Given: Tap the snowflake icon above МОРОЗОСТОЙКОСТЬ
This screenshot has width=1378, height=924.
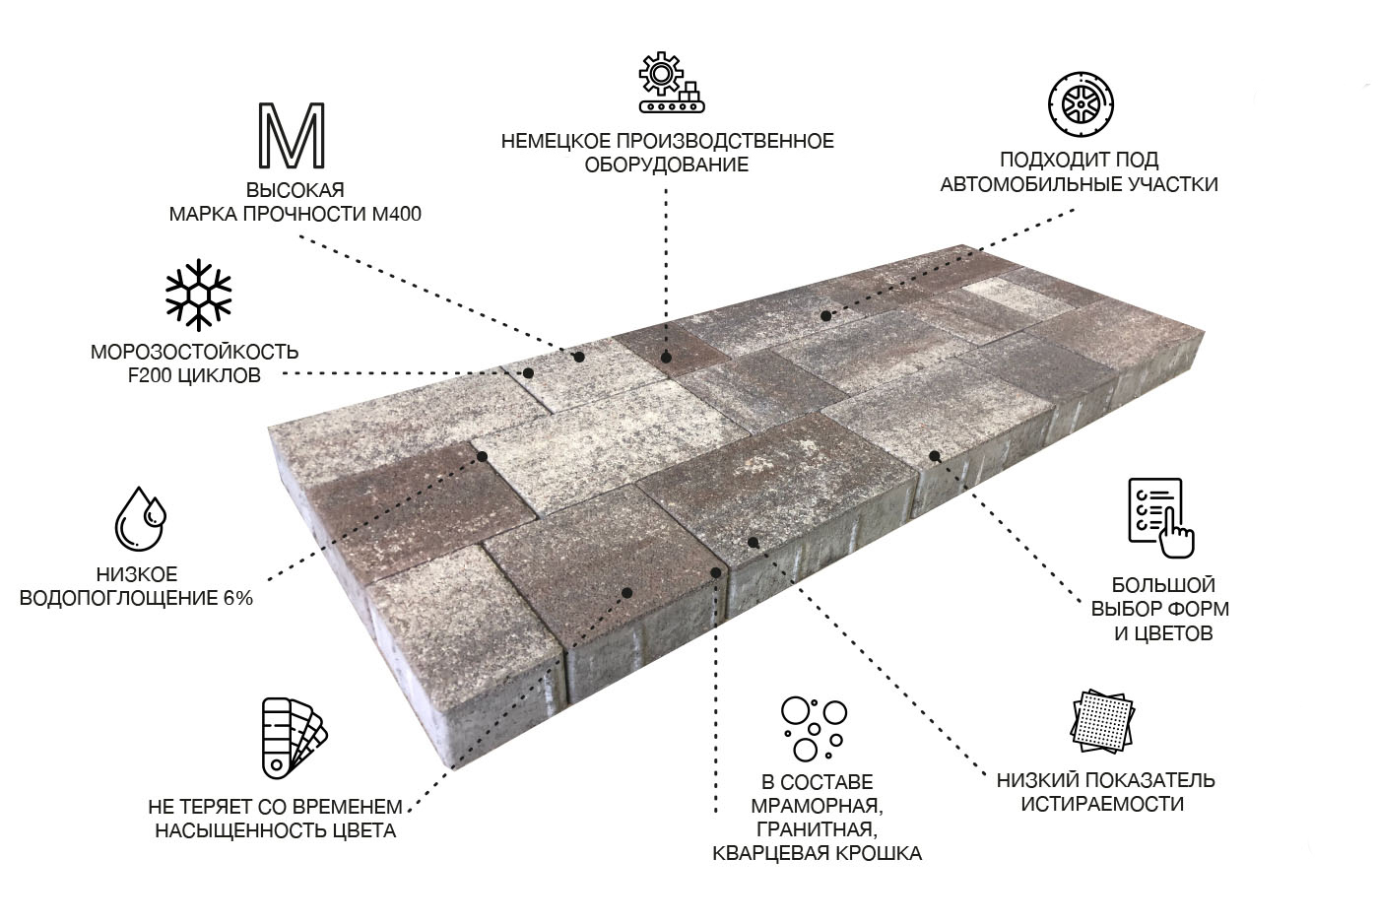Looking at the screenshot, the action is pyautogui.click(x=198, y=295).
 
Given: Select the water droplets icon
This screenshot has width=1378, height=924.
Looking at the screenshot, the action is pyautogui.click(x=140, y=518).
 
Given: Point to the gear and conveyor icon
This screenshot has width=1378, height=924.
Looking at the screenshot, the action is pyautogui.click(x=671, y=83).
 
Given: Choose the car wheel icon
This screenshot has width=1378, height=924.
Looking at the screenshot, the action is pyautogui.click(x=1081, y=104).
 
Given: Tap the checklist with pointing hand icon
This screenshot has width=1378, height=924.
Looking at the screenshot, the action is pyautogui.click(x=1160, y=518).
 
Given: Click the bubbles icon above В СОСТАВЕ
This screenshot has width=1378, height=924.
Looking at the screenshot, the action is pyautogui.click(x=814, y=729).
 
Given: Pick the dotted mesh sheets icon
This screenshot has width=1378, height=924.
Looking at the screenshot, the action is pyautogui.click(x=1102, y=721).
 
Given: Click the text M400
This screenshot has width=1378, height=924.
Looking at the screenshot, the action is pyautogui.click(x=397, y=214).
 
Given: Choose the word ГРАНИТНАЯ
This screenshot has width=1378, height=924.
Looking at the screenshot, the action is pyautogui.click(x=817, y=829).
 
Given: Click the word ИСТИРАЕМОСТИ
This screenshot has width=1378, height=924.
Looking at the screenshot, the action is pyautogui.click(x=1102, y=804).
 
